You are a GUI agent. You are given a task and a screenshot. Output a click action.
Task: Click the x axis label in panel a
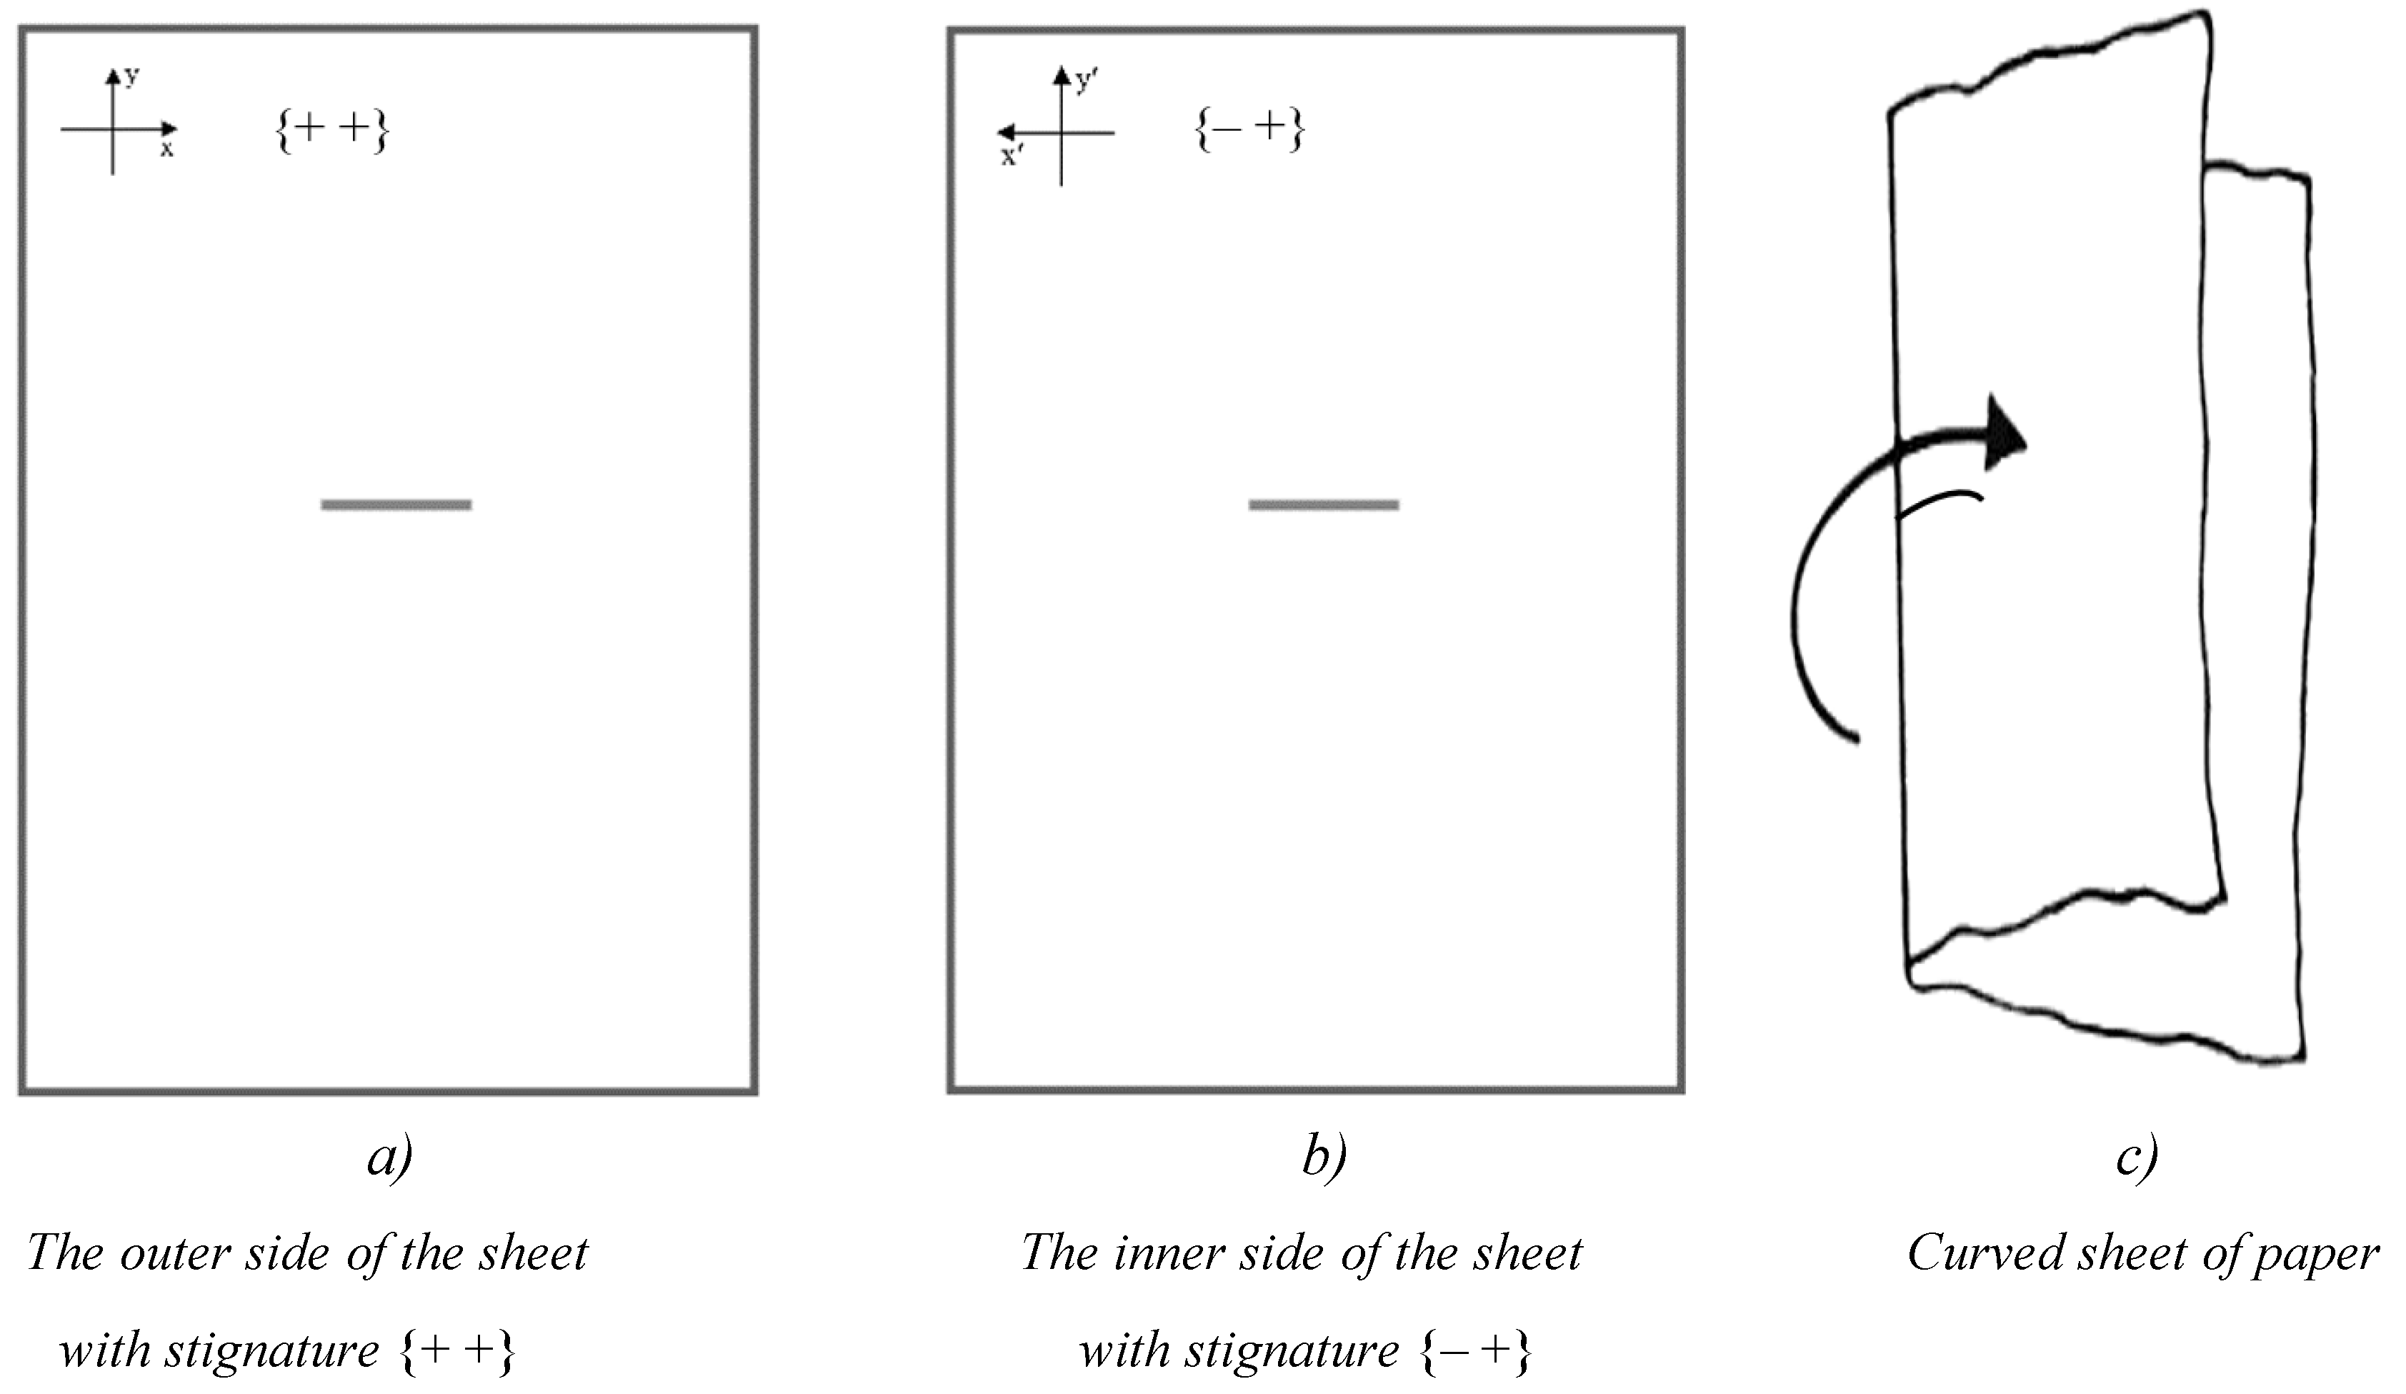pos(167,150)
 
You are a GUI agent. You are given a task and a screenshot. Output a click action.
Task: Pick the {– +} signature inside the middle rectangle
pos(1249,130)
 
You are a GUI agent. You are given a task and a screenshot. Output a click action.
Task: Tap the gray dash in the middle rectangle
pos(1323,505)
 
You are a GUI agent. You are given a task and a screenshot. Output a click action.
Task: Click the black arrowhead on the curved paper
pos(2002,435)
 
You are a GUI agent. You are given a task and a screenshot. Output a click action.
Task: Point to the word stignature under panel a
pos(272,1351)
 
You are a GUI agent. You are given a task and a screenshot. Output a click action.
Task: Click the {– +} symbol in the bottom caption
pos(1476,1351)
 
